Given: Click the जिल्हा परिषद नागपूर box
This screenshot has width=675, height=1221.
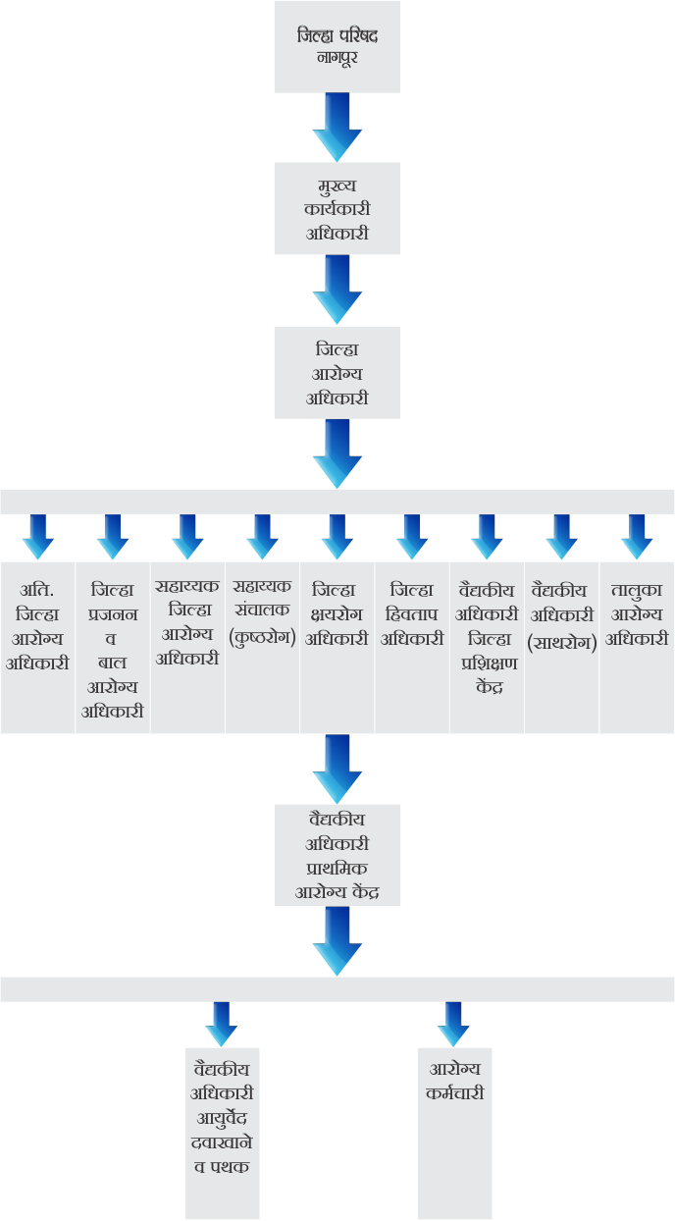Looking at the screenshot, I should point(337,46).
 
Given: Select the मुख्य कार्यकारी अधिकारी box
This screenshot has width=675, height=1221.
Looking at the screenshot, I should point(337,209).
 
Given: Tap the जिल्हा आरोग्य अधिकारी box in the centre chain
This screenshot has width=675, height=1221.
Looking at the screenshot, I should point(337,373).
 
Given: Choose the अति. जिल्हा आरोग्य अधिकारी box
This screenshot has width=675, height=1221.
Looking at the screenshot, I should point(37,647).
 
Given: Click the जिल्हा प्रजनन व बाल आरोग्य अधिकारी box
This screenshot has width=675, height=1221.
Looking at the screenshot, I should point(113,647).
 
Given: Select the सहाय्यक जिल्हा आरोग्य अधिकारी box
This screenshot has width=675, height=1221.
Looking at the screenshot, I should point(187,647).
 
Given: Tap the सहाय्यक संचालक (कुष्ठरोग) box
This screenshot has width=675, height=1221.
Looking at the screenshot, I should point(263,647).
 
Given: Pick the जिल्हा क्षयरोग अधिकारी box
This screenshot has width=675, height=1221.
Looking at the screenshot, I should point(337,647).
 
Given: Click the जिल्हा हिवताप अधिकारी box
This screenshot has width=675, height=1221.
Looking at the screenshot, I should point(412,647).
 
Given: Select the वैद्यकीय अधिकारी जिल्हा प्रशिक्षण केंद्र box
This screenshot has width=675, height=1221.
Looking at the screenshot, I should point(487,647).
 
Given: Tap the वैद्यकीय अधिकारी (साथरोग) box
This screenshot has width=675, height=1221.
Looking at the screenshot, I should point(562,647).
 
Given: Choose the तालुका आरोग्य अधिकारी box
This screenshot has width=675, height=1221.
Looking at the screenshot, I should point(637,647).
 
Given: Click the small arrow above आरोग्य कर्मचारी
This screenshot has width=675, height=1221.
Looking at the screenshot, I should point(454,1024).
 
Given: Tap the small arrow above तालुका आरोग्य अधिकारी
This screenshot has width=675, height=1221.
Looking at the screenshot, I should point(637,536).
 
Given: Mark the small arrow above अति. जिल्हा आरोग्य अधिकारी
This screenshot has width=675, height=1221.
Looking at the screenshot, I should point(38,536).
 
